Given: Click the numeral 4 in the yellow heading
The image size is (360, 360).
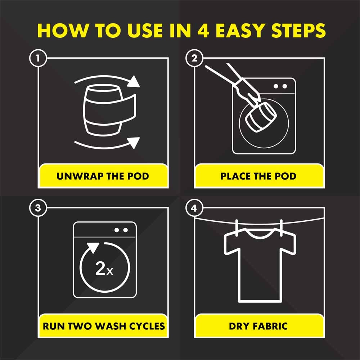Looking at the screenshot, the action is pyautogui.click(x=203, y=30).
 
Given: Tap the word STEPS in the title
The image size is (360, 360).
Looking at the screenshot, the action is pyautogui.click(x=298, y=30).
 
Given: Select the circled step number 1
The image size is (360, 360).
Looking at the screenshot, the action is pyautogui.click(x=38, y=58).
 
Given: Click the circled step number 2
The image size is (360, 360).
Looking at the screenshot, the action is pyautogui.click(x=194, y=58).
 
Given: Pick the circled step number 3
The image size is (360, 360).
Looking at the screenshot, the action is pyautogui.click(x=38, y=208).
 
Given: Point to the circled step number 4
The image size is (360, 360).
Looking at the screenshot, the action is pyautogui.click(x=194, y=208).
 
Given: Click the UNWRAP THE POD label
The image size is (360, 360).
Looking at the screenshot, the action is pyautogui.click(x=103, y=176).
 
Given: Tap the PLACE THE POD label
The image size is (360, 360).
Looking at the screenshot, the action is pyautogui.click(x=258, y=176).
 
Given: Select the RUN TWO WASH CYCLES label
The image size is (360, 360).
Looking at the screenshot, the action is pyautogui.click(x=104, y=326).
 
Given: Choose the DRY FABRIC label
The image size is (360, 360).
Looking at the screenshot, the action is pyautogui.click(x=258, y=326).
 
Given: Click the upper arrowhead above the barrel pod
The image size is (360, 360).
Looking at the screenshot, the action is pyautogui.click(x=134, y=82).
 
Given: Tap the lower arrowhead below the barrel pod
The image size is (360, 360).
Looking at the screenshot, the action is pyautogui.click(x=134, y=142).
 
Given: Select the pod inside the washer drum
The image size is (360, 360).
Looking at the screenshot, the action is pyautogui.click(x=261, y=117).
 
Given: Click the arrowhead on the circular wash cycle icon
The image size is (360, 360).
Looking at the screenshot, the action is pyautogui.click(x=93, y=248).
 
